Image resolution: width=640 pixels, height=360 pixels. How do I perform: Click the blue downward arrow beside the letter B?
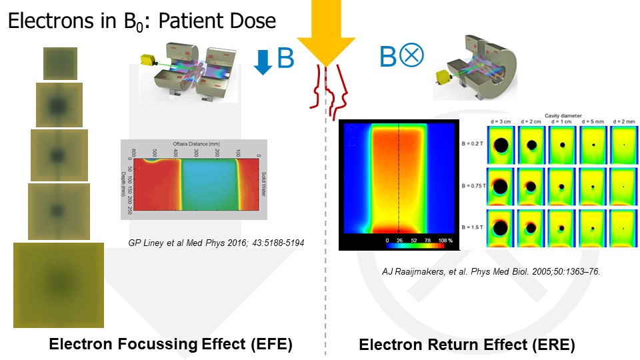point(265,61)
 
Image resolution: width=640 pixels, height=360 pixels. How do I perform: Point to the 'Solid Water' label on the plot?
point(263,179)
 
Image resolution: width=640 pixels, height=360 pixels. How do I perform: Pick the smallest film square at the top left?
point(60,64)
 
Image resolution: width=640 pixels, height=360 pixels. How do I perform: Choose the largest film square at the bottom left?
point(59,285)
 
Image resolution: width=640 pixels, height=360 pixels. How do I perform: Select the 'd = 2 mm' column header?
point(623,121)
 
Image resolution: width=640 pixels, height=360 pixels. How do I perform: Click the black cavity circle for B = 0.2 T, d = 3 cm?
point(501,145)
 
